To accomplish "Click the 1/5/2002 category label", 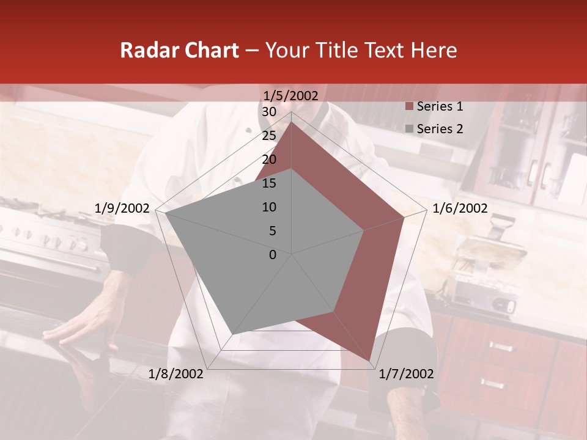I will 290,95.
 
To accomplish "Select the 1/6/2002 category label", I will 460,208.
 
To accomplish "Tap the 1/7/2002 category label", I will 406,374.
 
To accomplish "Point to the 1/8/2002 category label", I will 176,374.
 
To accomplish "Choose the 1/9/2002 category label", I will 122,208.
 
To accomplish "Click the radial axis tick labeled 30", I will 268,112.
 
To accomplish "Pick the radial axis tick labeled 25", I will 268,136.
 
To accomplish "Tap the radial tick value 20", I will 268,160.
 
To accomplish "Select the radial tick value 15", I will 268,183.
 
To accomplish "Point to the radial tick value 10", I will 268,207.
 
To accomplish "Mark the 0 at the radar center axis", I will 273,255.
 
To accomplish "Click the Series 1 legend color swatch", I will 409,107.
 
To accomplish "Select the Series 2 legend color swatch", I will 409,129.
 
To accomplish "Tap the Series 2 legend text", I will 440,129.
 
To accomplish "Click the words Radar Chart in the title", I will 179,50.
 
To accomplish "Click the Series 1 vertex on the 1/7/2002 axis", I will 370,361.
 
